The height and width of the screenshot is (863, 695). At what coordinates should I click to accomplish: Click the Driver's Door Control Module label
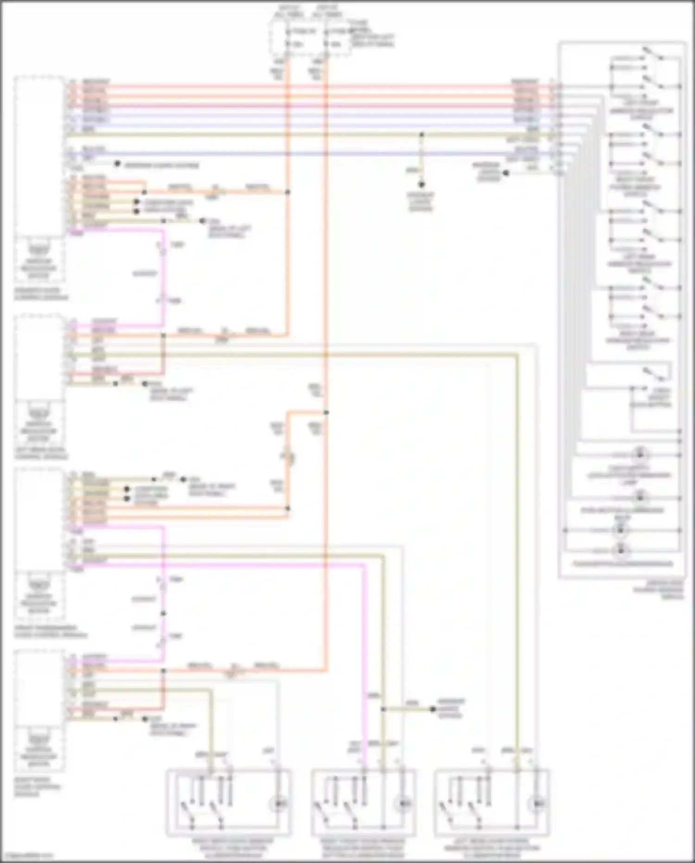coord(41,294)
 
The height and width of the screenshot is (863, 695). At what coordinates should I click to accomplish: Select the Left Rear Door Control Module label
coord(41,454)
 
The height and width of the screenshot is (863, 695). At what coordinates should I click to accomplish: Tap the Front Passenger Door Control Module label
coord(50,632)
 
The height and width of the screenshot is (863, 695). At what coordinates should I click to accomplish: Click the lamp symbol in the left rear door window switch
coord(537,803)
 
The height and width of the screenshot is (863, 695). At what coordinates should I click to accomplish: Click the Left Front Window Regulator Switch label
coord(641,110)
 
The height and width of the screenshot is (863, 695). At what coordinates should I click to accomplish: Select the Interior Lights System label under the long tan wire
coord(421,202)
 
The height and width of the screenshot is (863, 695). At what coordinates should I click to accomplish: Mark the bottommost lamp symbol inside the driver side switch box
coord(620,551)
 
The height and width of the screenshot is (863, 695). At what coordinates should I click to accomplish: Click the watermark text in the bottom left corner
coord(27,856)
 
